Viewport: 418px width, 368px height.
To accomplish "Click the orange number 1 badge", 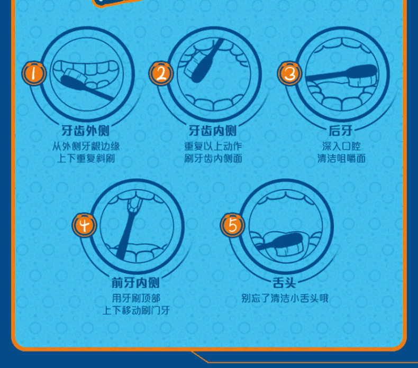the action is (33, 73).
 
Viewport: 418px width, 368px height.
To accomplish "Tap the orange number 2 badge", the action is (161, 73).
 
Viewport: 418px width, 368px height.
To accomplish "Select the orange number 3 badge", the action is (289, 73).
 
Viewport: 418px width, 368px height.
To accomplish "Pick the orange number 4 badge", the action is (84, 225).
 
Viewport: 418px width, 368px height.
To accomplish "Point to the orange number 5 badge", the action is (232, 225).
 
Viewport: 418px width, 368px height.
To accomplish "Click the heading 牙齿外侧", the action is (86, 131).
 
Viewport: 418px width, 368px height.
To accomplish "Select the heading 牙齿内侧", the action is (213, 131).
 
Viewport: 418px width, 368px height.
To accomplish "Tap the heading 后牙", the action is (341, 131).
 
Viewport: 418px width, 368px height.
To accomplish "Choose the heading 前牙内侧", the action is (135, 283).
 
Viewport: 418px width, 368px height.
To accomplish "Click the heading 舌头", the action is (285, 283).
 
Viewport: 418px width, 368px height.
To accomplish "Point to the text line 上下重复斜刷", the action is (86, 159).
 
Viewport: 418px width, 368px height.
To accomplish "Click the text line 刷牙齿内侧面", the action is (213, 159).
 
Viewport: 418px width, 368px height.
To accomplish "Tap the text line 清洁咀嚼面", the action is (341, 159).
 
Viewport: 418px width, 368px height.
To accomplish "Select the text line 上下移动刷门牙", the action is (136, 310).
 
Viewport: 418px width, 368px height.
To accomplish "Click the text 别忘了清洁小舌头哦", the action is (285, 298).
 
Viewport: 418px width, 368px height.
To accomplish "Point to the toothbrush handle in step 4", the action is (125, 235).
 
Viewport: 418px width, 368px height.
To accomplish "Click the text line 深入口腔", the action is (341, 146).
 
